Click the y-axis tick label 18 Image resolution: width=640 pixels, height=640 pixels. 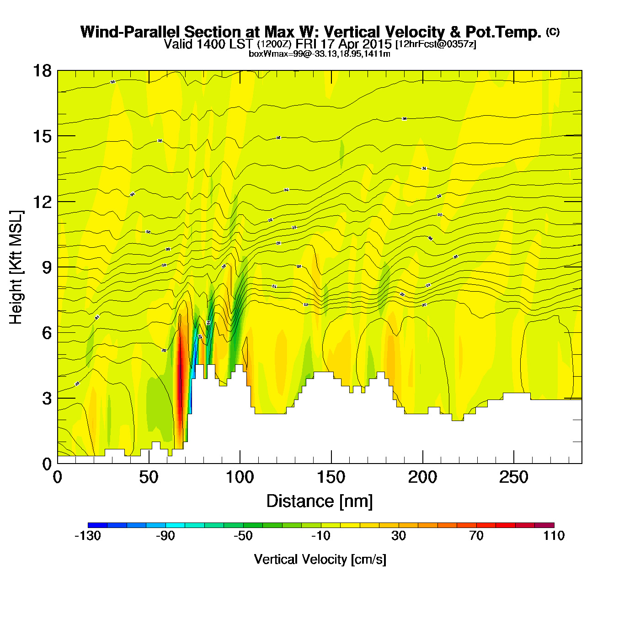42,71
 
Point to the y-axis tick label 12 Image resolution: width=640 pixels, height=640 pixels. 42,202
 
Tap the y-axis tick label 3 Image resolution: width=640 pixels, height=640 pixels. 47,399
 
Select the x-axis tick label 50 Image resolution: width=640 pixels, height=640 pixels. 149,478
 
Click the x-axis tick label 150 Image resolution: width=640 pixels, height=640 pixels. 331,478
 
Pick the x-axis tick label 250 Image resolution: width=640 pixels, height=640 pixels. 513,478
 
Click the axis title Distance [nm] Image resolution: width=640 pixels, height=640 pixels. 320,501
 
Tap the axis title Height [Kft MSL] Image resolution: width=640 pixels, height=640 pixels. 16,267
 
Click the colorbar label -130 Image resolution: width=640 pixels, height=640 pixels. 88,536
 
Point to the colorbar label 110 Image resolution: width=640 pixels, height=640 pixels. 554,536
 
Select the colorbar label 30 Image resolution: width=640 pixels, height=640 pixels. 399,536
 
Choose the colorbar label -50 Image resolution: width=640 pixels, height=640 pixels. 243,536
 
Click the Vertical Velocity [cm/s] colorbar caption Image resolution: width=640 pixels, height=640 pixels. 320,559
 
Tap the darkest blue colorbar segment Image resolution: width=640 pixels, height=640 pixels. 97,525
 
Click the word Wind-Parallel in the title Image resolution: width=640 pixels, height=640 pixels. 131,32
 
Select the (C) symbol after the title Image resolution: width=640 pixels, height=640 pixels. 553,32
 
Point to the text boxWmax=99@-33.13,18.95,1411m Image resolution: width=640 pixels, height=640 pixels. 320,54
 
